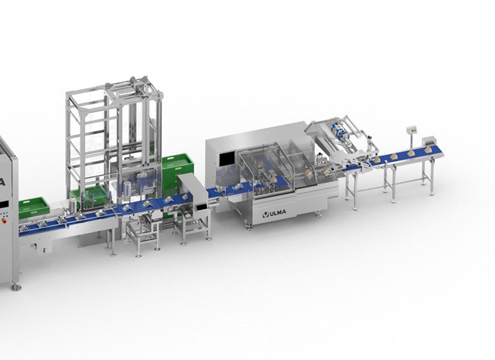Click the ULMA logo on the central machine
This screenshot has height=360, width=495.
pyautogui.click(x=275, y=213)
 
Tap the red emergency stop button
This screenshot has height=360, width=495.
pyautogui.click(x=4, y=221)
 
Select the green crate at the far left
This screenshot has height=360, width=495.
pyautogui.click(x=34, y=207)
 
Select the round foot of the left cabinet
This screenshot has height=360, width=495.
pyautogui.click(x=16, y=287)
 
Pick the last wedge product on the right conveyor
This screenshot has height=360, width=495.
pyautogui.click(x=428, y=149)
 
